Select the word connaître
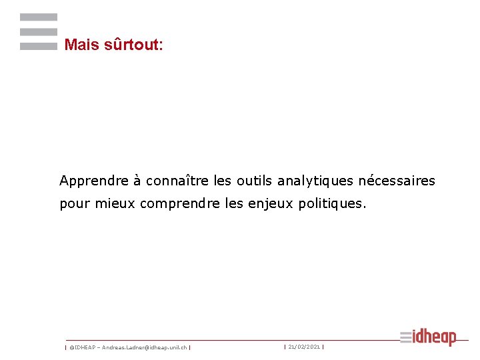click(x=178, y=181)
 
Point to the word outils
click(x=255, y=181)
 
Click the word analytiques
click(x=315, y=181)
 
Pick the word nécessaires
click(x=397, y=181)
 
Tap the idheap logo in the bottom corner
click(x=429, y=337)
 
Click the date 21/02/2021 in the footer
click(x=304, y=347)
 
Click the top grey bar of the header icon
click(x=39, y=17)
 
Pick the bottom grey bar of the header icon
click(x=39, y=47)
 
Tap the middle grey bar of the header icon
click(x=39, y=32)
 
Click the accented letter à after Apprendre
click(x=137, y=181)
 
